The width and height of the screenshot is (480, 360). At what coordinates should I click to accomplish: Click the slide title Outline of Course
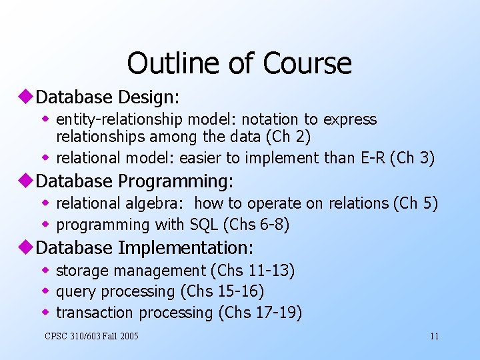(x=239, y=63)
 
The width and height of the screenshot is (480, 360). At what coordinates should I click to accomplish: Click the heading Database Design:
(x=107, y=97)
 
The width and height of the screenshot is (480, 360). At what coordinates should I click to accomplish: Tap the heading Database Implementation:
(x=145, y=248)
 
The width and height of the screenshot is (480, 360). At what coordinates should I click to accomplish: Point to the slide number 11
(x=434, y=336)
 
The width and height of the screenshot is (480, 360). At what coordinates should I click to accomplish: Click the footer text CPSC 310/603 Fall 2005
(x=91, y=336)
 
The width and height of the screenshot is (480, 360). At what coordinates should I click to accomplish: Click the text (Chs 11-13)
(x=253, y=271)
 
